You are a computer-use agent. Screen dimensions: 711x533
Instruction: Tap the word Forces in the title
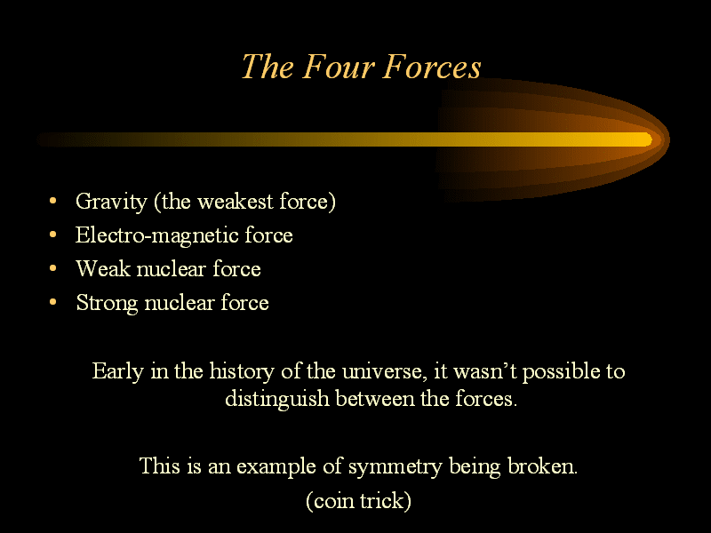coord(432,67)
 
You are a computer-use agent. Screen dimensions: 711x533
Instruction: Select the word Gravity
coord(112,202)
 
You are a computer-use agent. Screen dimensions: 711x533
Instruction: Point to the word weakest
coord(236,202)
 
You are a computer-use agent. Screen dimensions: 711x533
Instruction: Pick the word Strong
coord(107,303)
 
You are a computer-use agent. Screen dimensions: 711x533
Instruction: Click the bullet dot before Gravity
coord(53,201)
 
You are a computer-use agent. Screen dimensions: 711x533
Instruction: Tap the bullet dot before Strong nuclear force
coord(53,302)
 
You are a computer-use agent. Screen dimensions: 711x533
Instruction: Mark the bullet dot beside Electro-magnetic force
coord(53,235)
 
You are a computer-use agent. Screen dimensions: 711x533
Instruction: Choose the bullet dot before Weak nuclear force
coord(53,268)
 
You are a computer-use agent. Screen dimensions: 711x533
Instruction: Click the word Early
coord(118,371)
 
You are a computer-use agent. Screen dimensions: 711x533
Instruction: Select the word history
coord(242,371)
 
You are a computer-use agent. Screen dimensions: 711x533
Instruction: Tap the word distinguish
coord(277,399)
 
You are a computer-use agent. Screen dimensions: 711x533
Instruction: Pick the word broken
coord(542,465)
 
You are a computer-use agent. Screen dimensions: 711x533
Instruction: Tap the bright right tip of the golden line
coord(651,139)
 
